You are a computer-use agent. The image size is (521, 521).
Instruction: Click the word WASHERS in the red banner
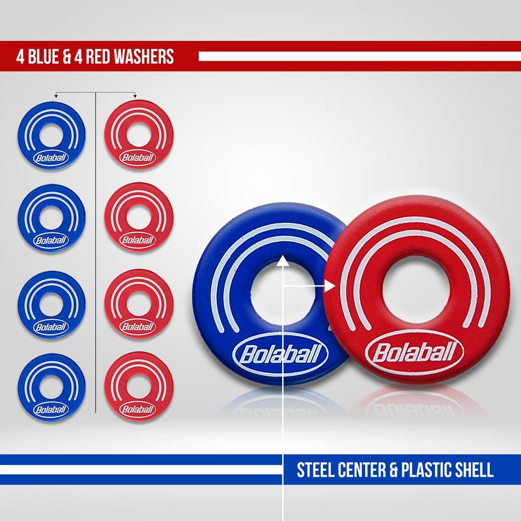pyautogui.click(x=144, y=56)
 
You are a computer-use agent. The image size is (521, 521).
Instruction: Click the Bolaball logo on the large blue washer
pyautogui.click(x=281, y=354)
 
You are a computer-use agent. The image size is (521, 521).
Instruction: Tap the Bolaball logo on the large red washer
pyautogui.click(x=414, y=352)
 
